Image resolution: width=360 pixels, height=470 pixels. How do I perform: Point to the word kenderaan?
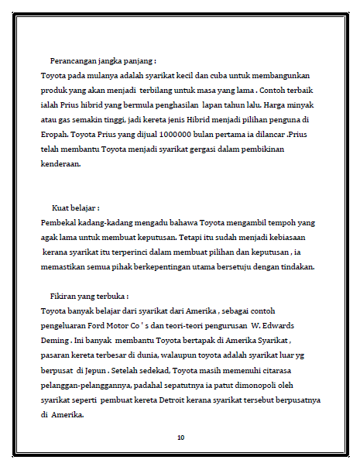point(61,164)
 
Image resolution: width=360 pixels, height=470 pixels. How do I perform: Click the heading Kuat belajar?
point(76,208)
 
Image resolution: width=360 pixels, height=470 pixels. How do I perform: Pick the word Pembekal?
point(60,223)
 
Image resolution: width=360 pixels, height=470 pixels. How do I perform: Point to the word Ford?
point(126,326)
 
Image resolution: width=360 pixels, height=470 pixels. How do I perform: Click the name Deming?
point(56,341)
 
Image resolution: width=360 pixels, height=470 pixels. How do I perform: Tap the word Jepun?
point(98,370)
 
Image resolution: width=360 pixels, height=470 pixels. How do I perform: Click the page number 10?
point(180,437)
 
